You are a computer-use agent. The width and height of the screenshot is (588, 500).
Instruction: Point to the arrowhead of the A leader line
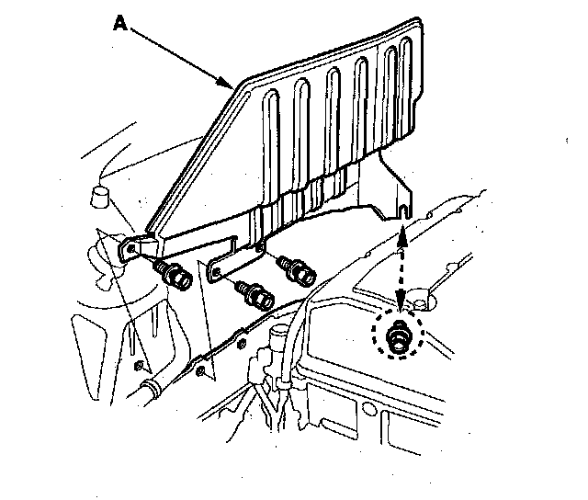(231, 85)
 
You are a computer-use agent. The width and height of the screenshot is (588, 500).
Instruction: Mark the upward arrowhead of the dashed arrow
(401, 244)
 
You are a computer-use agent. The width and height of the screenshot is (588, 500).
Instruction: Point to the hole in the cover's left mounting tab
(132, 248)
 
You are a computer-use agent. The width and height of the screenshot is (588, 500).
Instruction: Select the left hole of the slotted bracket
(217, 269)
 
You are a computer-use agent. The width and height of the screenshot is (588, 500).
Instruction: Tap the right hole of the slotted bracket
(259, 244)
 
